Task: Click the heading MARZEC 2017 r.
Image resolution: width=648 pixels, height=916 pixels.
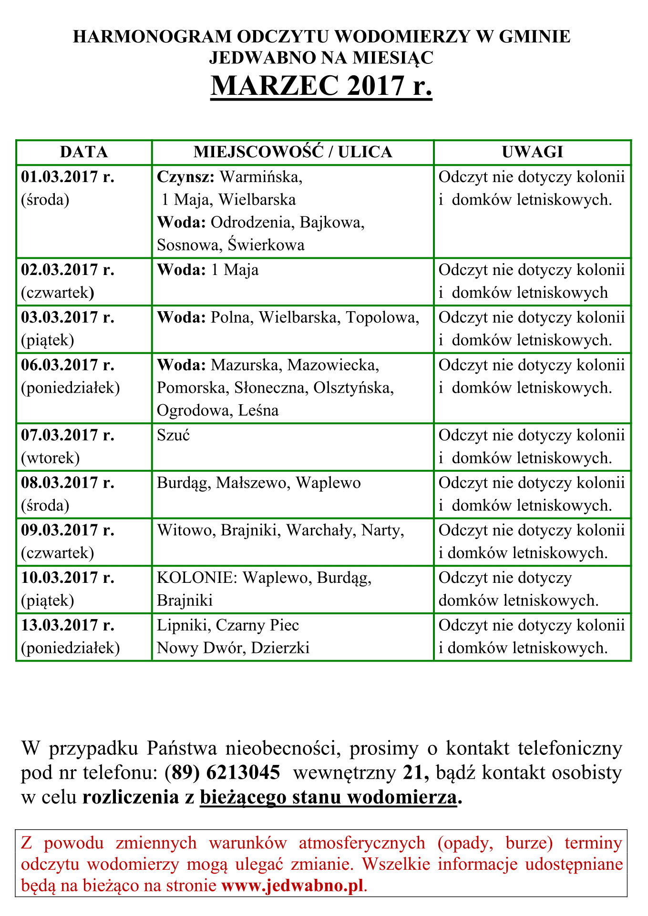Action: (321, 86)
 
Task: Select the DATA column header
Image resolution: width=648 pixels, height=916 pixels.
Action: (84, 152)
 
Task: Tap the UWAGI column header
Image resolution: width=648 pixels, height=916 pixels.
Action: (532, 152)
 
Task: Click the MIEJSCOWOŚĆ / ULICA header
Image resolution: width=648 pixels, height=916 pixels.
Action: (293, 152)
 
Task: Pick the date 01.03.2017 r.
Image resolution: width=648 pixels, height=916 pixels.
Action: (68, 177)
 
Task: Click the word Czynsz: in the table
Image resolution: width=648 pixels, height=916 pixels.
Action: (186, 177)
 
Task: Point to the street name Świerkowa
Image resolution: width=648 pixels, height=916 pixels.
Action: (266, 245)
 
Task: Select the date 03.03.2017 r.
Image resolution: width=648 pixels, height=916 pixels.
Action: (68, 317)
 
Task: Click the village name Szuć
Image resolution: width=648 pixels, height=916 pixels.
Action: (174, 436)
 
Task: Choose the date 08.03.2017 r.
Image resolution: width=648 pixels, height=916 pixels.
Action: (68, 483)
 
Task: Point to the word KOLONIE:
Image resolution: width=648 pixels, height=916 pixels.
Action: (197, 578)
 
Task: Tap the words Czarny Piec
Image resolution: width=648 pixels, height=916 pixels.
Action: (257, 625)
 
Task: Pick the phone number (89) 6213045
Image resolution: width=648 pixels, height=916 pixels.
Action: (222, 773)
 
